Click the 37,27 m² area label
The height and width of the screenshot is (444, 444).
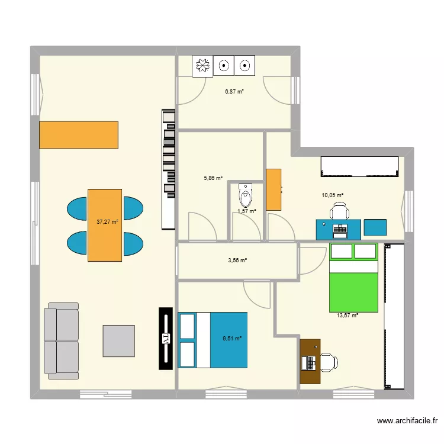tap(107, 223)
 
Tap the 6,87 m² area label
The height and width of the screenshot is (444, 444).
tap(234, 92)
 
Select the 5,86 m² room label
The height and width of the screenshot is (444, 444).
tap(213, 178)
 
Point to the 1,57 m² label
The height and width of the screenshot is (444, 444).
tap(246, 211)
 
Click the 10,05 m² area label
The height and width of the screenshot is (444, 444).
tap(332, 195)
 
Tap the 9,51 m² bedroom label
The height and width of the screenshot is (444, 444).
tap(232, 339)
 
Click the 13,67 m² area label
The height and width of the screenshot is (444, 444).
tap(348, 316)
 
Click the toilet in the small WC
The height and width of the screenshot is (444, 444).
tap(245, 194)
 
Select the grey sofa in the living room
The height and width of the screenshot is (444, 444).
tap(62, 341)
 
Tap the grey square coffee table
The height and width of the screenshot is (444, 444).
tap(118, 340)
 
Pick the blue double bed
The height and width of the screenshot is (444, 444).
tap(213, 340)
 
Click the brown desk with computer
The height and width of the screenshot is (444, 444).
tap(310, 362)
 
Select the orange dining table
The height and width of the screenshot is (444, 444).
tap(105, 225)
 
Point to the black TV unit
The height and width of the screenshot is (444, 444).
tap(166, 339)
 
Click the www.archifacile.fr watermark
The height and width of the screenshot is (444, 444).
tap(407, 422)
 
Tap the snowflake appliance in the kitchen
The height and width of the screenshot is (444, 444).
tap(203, 66)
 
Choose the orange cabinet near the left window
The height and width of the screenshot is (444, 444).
tap(79, 135)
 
